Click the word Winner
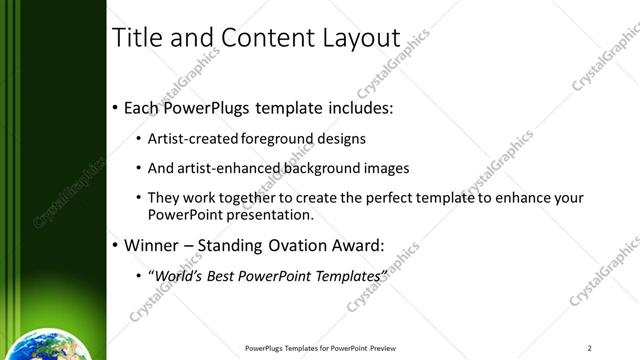[x=150, y=244]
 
